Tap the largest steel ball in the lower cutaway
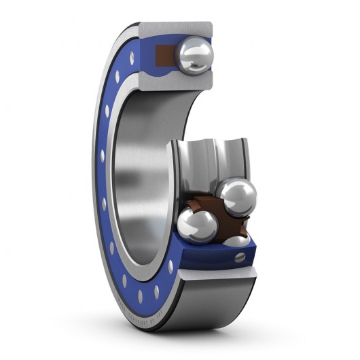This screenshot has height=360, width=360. [238, 198]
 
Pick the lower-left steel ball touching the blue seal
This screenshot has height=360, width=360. [196, 226]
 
